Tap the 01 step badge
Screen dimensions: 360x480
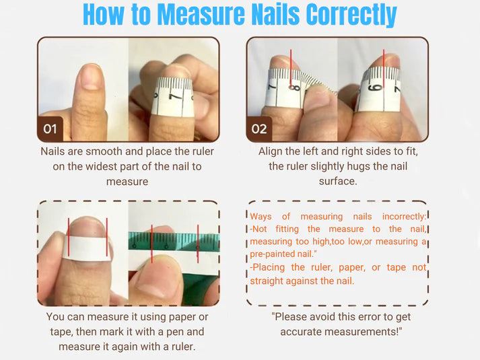(x=50, y=128)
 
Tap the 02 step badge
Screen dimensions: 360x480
(x=259, y=128)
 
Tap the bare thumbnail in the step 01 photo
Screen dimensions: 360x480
(x=89, y=77)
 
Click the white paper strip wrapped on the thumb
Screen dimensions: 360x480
(x=88, y=248)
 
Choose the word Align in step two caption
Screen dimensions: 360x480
(x=272, y=151)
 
